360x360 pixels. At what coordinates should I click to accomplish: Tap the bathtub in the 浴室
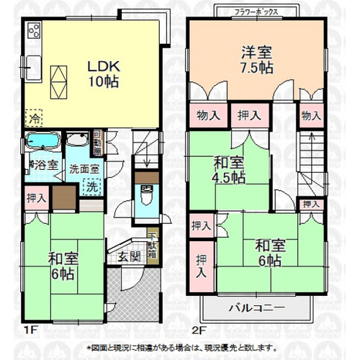point(42,142)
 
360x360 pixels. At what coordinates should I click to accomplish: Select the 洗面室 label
point(84,169)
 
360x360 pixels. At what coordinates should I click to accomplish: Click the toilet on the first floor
point(146,196)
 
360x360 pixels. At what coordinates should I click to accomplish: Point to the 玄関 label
point(130,257)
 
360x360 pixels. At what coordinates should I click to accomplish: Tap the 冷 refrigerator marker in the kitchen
point(33,116)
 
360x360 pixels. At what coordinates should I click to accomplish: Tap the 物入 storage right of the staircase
point(310,115)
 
